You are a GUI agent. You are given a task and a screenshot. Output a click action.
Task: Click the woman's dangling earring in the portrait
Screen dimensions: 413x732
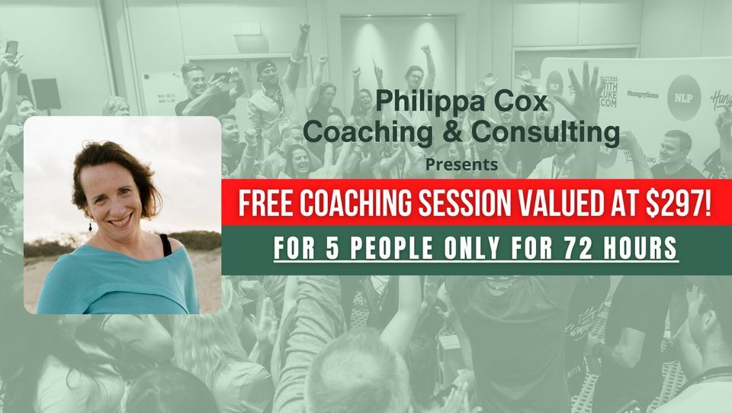point(91,226)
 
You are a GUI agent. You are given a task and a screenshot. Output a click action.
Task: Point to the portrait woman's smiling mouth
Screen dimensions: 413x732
point(122,222)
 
